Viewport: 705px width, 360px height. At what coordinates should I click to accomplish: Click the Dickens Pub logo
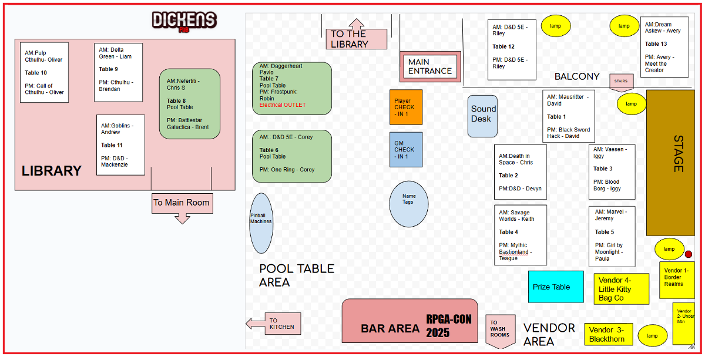tap(184, 21)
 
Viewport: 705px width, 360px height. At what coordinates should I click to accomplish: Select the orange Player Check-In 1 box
tap(406, 107)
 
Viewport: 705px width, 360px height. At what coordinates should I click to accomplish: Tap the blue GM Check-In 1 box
tap(406, 149)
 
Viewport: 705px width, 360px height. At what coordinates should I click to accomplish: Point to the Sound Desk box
tap(483, 116)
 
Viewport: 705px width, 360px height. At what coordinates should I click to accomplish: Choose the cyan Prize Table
tap(556, 287)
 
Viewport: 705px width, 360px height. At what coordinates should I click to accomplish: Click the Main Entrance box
tap(430, 66)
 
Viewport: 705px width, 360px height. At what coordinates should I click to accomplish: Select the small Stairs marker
tap(621, 82)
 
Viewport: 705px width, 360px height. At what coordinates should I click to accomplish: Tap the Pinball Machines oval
tap(261, 223)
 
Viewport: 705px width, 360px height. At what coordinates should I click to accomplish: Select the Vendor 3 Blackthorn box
tap(609, 334)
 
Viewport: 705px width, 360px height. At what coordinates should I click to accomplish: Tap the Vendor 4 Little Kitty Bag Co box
tap(622, 289)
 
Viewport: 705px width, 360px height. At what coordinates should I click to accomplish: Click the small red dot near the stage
tap(689, 254)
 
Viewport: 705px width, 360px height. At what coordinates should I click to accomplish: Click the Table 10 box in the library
tap(45, 72)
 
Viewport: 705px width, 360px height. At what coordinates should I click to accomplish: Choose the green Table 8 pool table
tap(189, 103)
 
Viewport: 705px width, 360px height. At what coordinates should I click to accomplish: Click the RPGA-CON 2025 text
tap(449, 326)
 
